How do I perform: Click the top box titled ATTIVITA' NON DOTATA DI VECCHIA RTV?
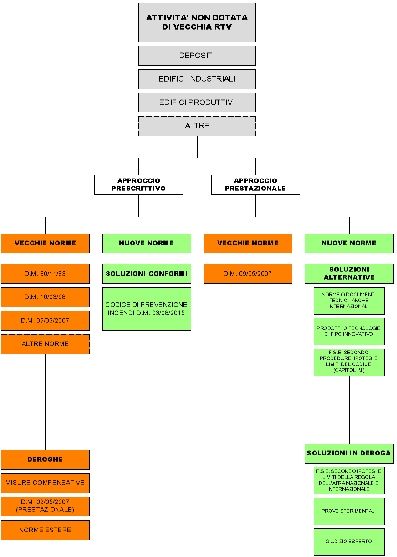click(x=197, y=22)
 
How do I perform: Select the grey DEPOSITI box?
click(x=197, y=56)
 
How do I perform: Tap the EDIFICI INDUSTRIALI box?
click(x=197, y=79)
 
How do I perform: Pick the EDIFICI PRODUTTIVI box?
click(x=197, y=102)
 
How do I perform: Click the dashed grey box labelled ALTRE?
click(x=197, y=126)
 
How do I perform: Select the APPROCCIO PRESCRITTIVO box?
click(x=138, y=184)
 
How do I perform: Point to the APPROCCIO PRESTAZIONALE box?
click(x=255, y=184)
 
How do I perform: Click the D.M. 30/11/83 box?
click(x=45, y=274)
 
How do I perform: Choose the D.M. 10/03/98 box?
click(x=45, y=297)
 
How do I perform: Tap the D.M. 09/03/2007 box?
click(x=45, y=321)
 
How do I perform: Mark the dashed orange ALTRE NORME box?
click(x=45, y=344)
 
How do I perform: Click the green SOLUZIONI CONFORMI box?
click(x=147, y=274)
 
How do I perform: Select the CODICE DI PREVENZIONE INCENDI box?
click(x=147, y=308)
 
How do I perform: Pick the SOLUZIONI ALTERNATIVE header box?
click(x=349, y=274)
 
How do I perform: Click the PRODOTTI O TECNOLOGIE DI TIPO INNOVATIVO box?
click(x=349, y=331)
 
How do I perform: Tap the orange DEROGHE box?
click(x=45, y=460)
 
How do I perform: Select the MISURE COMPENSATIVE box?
click(x=45, y=483)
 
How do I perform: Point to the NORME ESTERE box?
click(x=45, y=530)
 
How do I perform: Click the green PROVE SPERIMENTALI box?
click(x=349, y=511)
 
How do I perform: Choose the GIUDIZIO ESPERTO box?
click(x=349, y=542)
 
